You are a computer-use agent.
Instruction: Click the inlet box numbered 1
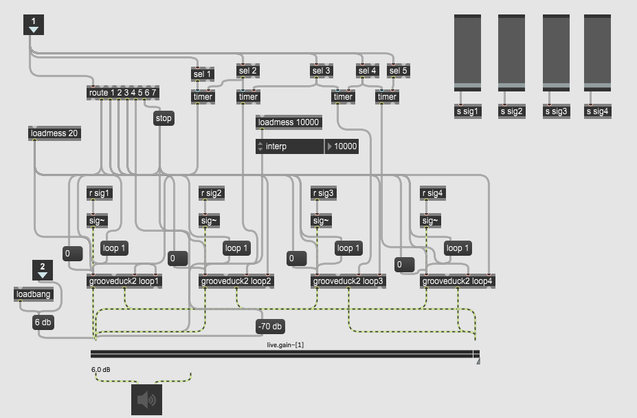pyautogui.click(x=34, y=25)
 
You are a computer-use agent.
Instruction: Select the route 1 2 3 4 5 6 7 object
pyautogui.click(x=123, y=93)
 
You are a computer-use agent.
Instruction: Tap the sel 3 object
pyautogui.click(x=321, y=71)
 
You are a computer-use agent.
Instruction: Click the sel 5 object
pyautogui.click(x=398, y=71)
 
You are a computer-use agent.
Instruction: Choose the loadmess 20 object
pyautogui.click(x=54, y=133)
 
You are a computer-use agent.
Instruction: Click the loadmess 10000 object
pyautogui.click(x=289, y=123)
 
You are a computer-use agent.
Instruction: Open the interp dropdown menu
pyautogui.click(x=289, y=146)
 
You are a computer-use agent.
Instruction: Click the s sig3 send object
pyautogui.click(x=556, y=111)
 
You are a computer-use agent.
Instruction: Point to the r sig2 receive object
pyautogui.click(x=211, y=193)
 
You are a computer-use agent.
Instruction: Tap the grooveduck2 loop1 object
pyautogui.click(x=124, y=280)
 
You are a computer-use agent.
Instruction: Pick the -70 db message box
pyautogui.click(x=270, y=327)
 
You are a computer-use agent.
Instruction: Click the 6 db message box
pyautogui.click(x=43, y=322)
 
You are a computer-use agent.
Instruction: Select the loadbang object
pyautogui.click(x=33, y=295)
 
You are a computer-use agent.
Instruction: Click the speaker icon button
pyautogui.click(x=146, y=399)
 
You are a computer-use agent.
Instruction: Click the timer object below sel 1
pyautogui.click(x=203, y=97)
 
